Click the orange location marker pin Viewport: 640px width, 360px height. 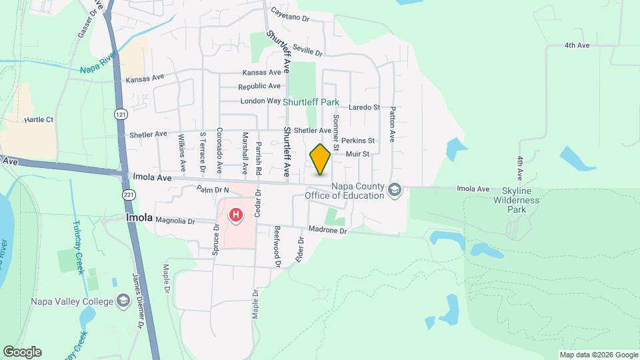320,159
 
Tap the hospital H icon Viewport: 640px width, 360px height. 235,215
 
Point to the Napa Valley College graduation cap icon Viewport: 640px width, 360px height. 122,301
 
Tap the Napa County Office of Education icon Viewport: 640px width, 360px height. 395,190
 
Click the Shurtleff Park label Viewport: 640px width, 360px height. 311,103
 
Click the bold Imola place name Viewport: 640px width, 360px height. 139,218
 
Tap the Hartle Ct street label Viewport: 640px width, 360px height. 39,120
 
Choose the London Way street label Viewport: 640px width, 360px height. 260,101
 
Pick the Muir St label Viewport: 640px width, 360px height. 357,154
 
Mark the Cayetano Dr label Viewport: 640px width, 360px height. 291,19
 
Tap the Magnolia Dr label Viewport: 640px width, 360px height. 174,221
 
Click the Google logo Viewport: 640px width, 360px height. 22,352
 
